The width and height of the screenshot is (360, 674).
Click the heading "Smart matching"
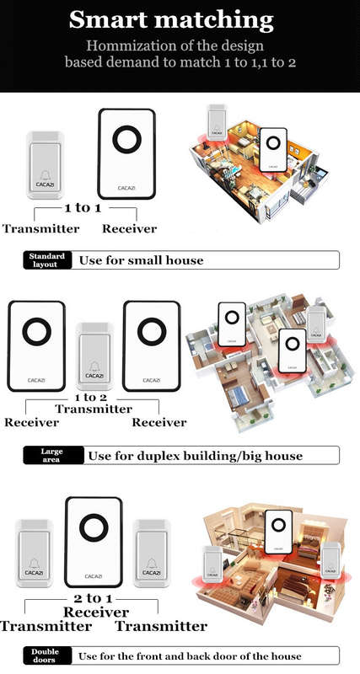point(171,19)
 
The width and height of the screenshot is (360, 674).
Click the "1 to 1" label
point(83,208)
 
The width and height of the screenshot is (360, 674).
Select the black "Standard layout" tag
point(47,260)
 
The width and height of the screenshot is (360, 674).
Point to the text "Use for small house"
point(141,260)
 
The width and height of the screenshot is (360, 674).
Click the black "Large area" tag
point(52,455)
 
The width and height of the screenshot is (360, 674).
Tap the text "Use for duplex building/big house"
point(196,456)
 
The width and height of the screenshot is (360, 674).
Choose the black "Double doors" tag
point(46,655)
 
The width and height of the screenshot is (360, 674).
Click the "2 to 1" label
point(93,598)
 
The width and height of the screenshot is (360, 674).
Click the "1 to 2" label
point(91,397)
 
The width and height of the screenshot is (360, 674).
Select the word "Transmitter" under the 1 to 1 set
point(40,228)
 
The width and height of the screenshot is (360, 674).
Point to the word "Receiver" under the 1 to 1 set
point(130,228)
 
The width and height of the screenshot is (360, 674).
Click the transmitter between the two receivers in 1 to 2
point(94,356)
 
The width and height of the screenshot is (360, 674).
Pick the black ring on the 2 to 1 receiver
point(94,527)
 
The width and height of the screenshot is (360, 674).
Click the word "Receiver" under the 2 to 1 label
point(96,612)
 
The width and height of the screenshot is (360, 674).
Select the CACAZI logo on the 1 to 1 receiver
point(126,188)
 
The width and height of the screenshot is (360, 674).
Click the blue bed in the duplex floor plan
point(240,396)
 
